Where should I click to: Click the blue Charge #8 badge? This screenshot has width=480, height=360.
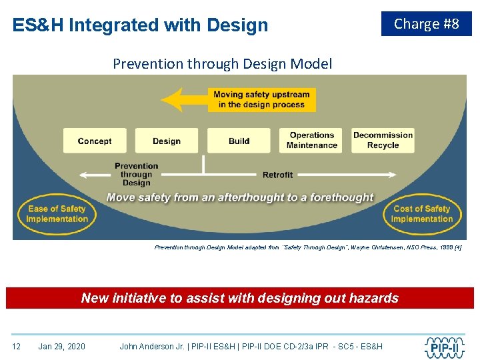tap(426, 24)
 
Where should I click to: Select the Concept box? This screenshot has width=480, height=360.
tap(95, 141)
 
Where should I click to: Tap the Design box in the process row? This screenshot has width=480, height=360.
tap(167, 141)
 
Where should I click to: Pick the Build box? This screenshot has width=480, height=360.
tap(239, 141)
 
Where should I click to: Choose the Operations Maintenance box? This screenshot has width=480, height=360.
tap(311, 141)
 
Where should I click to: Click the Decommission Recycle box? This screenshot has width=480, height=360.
tap(383, 141)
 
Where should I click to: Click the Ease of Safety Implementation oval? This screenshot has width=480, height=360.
tap(57, 214)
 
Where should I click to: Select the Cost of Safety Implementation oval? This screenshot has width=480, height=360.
tap(421, 214)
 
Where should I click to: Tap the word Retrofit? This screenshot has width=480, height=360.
tap(277, 175)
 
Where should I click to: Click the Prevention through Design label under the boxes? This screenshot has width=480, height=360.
tap(136, 175)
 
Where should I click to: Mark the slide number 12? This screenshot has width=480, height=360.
tap(17, 346)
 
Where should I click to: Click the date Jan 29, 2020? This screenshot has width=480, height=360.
tap(62, 346)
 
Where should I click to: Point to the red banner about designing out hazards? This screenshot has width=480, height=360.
tap(240, 298)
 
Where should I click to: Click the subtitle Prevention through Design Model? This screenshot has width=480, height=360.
tap(222, 64)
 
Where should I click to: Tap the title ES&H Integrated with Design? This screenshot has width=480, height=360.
tap(140, 25)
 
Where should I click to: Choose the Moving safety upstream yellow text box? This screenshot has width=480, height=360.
tap(261, 100)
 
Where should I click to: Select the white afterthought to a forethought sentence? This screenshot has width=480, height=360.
tap(240, 197)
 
